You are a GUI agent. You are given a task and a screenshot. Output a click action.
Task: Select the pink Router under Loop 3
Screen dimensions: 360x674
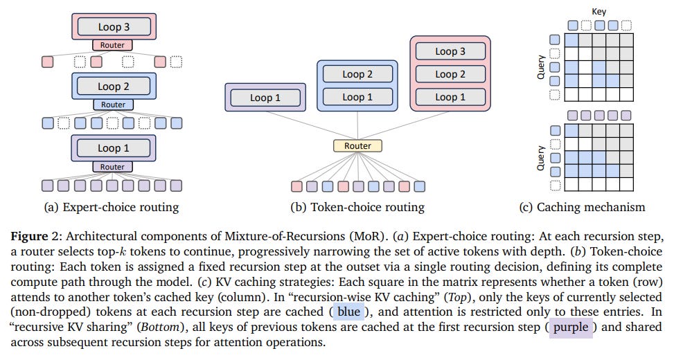(x=112, y=45)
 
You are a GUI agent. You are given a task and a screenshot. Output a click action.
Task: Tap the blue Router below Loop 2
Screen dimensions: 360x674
(x=112, y=105)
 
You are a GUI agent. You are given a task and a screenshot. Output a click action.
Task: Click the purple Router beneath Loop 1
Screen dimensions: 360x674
(x=112, y=167)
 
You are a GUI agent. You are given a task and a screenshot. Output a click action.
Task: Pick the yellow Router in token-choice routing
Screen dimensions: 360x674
(x=357, y=146)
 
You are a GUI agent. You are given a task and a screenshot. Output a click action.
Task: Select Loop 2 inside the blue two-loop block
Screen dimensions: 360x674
(x=357, y=74)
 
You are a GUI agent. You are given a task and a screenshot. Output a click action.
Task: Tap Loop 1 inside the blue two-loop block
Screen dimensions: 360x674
(x=357, y=97)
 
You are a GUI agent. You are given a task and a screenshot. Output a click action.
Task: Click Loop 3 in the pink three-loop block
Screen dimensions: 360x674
(x=450, y=51)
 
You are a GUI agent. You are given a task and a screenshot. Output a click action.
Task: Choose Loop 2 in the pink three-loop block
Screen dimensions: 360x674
(x=450, y=74)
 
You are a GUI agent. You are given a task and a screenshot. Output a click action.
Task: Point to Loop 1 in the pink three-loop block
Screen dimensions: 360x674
(x=450, y=97)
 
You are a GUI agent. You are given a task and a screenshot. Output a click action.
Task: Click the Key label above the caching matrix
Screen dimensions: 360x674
(x=598, y=12)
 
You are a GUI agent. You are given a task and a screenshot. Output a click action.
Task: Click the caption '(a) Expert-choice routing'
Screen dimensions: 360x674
(x=113, y=207)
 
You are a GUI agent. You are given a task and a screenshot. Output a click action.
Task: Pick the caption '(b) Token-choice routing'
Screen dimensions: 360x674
(x=357, y=207)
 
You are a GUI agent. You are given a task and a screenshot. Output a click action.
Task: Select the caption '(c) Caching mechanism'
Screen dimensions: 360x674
(x=582, y=207)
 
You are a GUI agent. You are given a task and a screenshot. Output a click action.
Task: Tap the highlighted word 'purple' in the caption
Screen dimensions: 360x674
(x=571, y=327)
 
